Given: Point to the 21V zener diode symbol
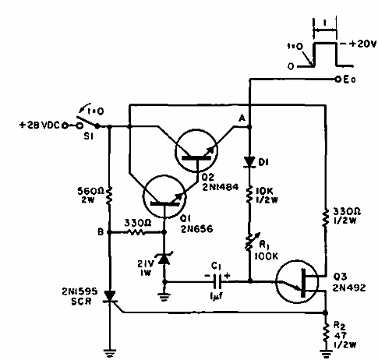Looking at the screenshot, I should tap(164, 258).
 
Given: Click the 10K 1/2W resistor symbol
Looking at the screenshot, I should tap(249, 192).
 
